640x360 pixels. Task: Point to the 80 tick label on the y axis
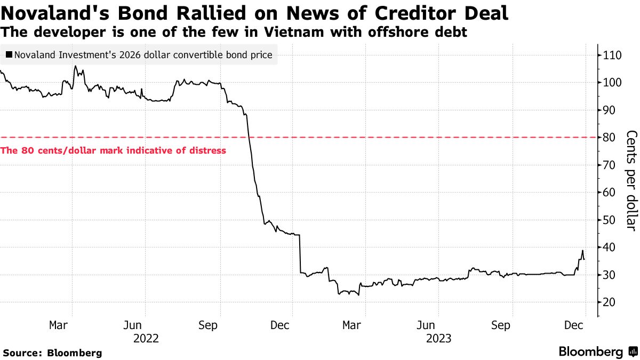[x=610, y=138]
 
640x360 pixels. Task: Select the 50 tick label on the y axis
[x=610, y=220]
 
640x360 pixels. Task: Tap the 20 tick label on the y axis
[x=610, y=302]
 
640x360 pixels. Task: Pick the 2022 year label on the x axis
[x=146, y=338]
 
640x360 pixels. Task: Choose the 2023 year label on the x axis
[x=438, y=338]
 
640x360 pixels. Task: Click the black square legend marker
[x=9, y=54]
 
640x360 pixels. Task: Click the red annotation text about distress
[x=114, y=150]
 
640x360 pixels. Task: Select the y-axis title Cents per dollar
[x=631, y=180]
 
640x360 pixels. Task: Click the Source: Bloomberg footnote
[x=52, y=353]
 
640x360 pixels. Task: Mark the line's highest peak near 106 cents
[x=75, y=66]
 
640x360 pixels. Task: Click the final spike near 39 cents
[x=582, y=250]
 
